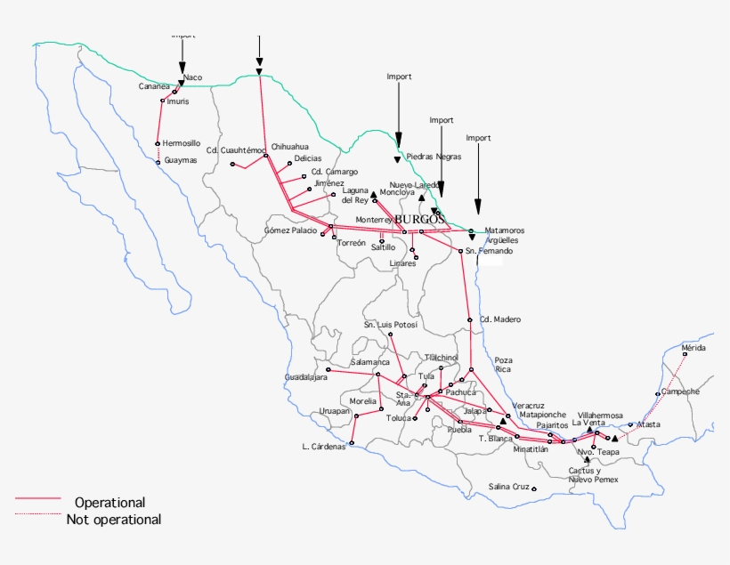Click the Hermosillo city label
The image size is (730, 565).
pyautogui.click(x=182, y=142)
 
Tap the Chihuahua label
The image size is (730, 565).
pyautogui.click(x=290, y=146)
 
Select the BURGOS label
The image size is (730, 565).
pyautogui.click(x=418, y=219)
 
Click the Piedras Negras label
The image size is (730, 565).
pyautogui.click(x=434, y=157)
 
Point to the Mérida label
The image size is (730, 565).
pyautogui.click(x=693, y=347)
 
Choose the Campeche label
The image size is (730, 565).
pyautogui.click(x=681, y=391)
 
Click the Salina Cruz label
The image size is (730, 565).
pyautogui.click(x=509, y=487)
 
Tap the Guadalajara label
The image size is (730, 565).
pyautogui.click(x=306, y=377)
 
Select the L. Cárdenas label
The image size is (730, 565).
pyautogui.click(x=323, y=446)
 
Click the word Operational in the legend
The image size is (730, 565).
pyautogui.click(x=109, y=503)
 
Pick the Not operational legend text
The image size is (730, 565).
pyautogui.click(x=114, y=519)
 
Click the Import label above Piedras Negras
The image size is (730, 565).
pyautogui.click(x=399, y=77)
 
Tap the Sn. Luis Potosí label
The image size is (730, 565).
pyautogui.click(x=390, y=325)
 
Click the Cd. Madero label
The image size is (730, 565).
pyautogui.click(x=499, y=319)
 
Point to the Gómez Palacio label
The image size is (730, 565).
pyautogui.click(x=290, y=230)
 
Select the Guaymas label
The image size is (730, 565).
pyautogui.click(x=181, y=160)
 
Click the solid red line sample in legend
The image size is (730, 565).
pyautogui.click(x=36, y=499)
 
